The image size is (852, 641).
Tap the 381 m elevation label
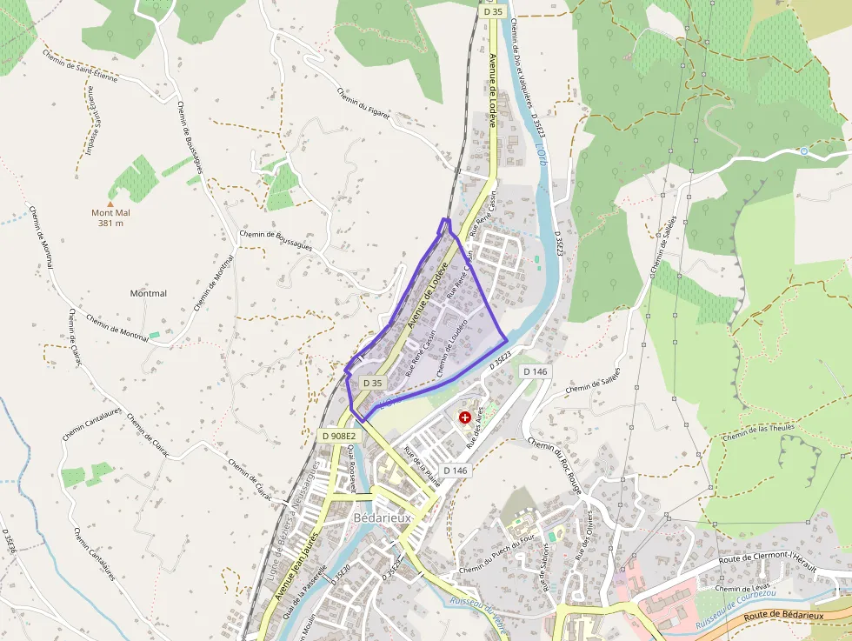point(110,224)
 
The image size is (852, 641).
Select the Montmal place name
point(148,294)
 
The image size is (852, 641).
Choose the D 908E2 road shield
point(339,436)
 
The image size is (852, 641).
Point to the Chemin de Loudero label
point(452,347)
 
